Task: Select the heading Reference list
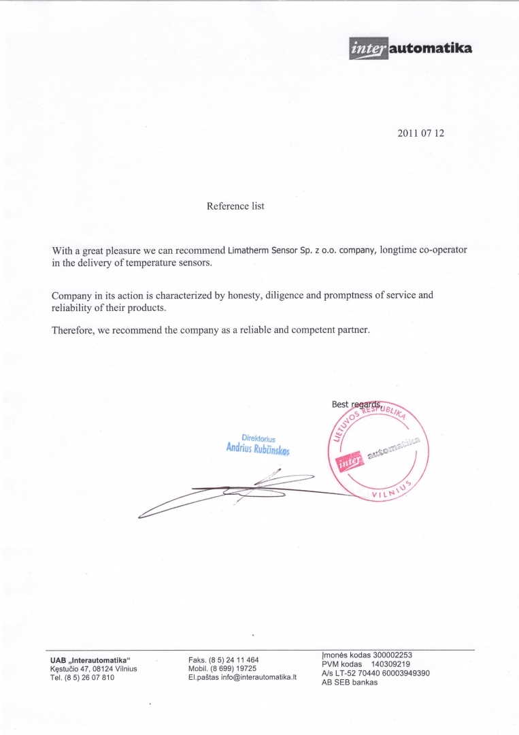(x=235, y=206)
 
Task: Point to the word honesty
(x=241, y=295)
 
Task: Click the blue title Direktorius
(x=258, y=438)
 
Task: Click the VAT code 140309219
(x=390, y=664)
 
